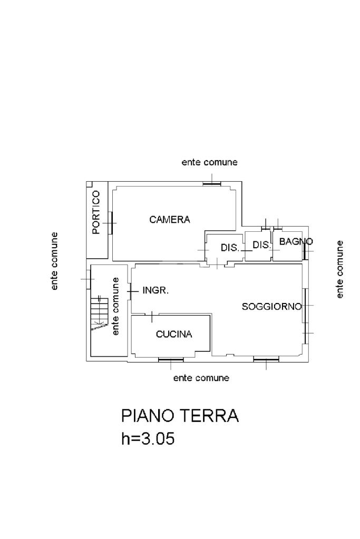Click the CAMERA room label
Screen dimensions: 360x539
(169, 220)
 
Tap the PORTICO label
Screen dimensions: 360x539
(96, 212)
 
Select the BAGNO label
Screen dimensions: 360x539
(296, 242)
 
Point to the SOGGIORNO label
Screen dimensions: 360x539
(271, 306)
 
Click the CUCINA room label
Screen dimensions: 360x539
(174, 334)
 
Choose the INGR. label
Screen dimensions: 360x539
(155, 290)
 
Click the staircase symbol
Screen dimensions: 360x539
(99, 313)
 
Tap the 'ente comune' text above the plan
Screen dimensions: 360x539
(209, 162)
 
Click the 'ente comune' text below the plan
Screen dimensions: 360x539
(201, 378)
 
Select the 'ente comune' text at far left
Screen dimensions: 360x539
(55, 261)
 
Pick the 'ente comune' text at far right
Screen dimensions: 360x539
(340, 269)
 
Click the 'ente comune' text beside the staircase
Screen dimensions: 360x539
(116, 306)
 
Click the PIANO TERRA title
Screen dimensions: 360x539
(180, 416)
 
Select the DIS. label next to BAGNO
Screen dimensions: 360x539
(261, 245)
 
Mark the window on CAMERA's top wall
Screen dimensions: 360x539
(212, 183)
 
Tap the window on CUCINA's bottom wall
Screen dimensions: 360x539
(171, 360)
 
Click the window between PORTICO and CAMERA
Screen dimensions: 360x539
(111, 222)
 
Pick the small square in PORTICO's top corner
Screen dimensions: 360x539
(89, 184)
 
